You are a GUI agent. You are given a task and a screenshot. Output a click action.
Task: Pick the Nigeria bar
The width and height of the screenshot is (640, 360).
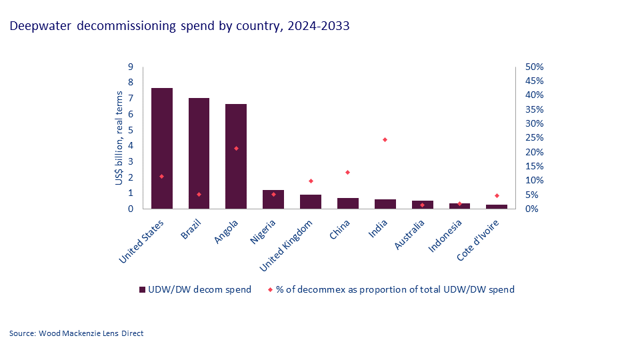coord(273,199)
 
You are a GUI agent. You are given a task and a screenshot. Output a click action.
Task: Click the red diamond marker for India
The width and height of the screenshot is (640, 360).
coord(385,139)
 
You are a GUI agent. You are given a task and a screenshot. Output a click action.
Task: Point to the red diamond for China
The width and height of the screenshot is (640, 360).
coord(347,172)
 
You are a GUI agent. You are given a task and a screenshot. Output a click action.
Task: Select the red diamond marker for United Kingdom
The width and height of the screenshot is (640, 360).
coord(311,181)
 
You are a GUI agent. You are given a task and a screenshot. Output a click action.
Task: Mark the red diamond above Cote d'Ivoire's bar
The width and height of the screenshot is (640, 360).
coord(497,195)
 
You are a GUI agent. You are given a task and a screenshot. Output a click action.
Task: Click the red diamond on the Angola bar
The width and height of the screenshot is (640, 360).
coord(236,148)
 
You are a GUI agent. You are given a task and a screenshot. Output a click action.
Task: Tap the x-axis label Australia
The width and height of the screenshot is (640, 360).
coord(407,233)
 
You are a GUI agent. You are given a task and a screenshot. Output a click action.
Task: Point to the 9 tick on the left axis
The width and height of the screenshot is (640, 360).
coord(131,67)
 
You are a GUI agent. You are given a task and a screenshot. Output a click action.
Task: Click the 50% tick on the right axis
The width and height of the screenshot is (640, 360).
coord(535,67)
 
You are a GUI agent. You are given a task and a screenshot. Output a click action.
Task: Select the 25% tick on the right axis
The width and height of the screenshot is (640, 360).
coord(535,138)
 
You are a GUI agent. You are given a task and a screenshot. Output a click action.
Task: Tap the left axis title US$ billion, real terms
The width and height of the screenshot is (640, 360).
coord(119,138)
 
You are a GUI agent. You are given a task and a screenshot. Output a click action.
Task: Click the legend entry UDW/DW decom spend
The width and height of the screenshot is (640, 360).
coord(195,289)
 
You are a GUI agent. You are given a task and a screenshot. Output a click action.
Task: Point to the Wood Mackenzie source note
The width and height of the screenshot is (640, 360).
coord(77,333)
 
